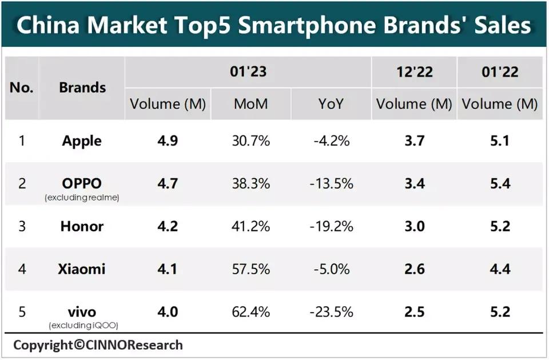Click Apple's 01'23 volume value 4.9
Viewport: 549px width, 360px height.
pos(168,141)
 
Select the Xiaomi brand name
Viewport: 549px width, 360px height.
pos(82,269)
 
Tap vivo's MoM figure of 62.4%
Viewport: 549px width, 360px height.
pos(251,312)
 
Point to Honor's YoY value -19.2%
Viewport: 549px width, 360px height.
pos(331,226)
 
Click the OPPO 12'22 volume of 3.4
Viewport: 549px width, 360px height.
pos(414,183)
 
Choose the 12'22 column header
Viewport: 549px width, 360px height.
pos(414,72)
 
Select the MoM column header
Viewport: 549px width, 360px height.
pos(251,104)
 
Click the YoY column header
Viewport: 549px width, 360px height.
pos(331,104)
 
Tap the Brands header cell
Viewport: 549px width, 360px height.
pos(82,87)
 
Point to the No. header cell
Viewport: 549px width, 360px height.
pos(22,87)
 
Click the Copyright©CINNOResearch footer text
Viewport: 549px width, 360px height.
pos(98,345)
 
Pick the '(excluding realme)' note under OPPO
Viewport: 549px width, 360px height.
pos(82,198)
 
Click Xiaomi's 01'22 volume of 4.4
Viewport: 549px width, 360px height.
pos(499,269)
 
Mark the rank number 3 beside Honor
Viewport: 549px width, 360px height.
pos(22,226)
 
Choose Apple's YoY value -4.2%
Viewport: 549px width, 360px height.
pos(331,141)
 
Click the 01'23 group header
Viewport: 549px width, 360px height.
pos(248,72)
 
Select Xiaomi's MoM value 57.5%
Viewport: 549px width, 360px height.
pos(251,269)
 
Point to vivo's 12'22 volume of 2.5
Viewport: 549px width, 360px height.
pos(414,312)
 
